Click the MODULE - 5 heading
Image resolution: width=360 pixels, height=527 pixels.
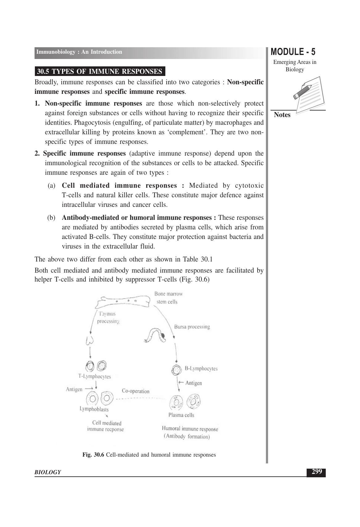pos(293,52)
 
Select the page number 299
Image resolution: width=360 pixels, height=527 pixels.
pos(316,472)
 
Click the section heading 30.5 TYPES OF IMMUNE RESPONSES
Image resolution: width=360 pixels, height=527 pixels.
pos(100,72)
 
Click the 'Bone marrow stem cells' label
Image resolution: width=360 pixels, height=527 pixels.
pos(168,298)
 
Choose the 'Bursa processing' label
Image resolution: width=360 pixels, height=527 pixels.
pos(192,327)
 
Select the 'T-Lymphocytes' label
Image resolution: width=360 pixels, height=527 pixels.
pos(94,376)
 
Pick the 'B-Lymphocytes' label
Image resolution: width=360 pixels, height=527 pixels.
pos(201,369)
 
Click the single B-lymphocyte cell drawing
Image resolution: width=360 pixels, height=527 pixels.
pos(176,370)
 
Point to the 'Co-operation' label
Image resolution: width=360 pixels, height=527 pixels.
pos(135,391)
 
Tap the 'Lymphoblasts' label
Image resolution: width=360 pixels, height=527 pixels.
pos(94,409)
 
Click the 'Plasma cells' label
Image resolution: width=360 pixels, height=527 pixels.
pos(181,415)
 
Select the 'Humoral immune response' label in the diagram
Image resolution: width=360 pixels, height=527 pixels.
pos(190,429)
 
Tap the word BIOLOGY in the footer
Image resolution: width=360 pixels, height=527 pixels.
pos(48,472)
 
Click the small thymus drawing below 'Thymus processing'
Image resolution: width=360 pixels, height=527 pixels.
pos(89,340)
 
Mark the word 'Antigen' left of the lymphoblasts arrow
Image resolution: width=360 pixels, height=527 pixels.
pos(74,389)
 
